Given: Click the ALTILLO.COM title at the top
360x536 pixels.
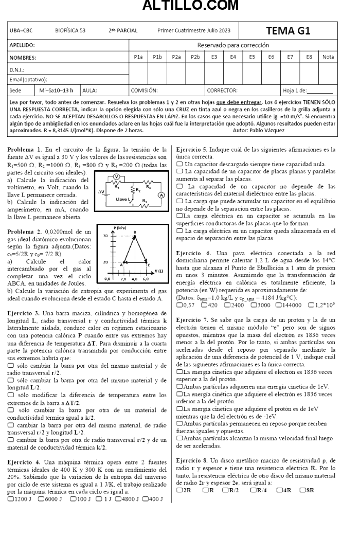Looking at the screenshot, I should tap(180, 6).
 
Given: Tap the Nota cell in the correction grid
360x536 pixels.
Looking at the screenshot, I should tap(328, 57).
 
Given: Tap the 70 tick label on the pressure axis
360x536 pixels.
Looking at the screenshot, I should tap(106, 235).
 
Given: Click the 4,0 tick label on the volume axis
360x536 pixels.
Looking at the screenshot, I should tap(134, 278).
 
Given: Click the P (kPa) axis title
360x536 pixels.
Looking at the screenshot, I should tap(120, 227).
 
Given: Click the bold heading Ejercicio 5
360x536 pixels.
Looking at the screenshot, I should tap(193, 150).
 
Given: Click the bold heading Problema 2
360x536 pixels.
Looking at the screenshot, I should tap(24, 233).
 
